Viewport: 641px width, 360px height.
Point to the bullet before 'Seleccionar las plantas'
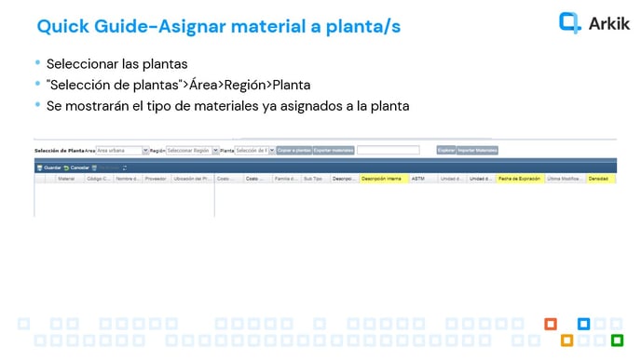[x=37, y=64]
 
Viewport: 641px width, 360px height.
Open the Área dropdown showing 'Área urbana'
[x=121, y=150]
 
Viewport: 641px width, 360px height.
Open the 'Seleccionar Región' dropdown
[x=191, y=150]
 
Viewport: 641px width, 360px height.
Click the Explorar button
[x=446, y=150]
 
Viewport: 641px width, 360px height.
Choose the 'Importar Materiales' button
[x=478, y=150]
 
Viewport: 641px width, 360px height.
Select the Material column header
[x=66, y=179]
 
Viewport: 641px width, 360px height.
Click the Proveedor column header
[x=155, y=179]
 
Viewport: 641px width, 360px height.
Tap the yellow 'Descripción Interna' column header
[x=382, y=179]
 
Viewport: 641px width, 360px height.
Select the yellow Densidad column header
[x=600, y=179]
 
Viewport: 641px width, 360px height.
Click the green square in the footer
[x=617, y=339]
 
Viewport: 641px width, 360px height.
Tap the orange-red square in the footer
[x=551, y=324]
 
